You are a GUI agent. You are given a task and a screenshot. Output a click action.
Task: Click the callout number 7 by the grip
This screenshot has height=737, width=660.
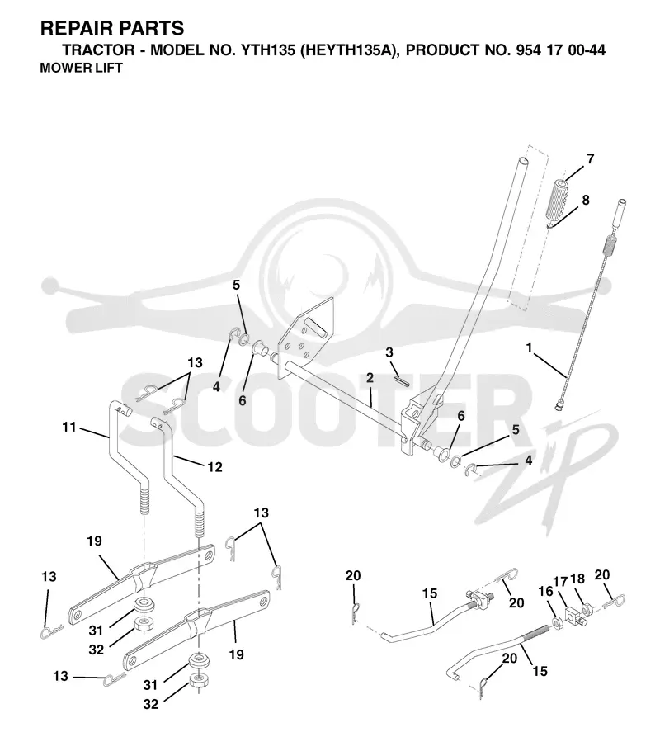point(590,158)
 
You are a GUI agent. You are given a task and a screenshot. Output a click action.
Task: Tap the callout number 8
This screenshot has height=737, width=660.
point(585,200)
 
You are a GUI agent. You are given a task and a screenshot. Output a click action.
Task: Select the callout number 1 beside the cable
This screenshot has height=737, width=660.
point(530,347)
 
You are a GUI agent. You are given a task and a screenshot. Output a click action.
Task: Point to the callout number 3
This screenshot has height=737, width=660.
point(389,352)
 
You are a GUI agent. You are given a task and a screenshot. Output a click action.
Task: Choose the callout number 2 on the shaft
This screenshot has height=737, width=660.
point(370,378)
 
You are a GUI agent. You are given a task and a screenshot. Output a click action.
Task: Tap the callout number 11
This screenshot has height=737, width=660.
point(69,428)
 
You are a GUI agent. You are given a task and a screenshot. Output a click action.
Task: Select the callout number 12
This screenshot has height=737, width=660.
point(214,467)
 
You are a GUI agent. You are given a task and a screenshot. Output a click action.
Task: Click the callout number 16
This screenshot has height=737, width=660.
point(545,592)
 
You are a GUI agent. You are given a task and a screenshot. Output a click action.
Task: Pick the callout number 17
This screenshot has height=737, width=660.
point(560,582)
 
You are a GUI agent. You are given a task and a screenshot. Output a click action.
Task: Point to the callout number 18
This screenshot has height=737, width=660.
point(577,579)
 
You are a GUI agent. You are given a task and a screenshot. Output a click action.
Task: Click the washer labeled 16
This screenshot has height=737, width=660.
point(557,623)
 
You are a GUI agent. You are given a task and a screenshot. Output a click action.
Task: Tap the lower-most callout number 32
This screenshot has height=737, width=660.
point(151,704)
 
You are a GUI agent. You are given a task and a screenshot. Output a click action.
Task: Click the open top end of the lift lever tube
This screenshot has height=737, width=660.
point(523,162)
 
